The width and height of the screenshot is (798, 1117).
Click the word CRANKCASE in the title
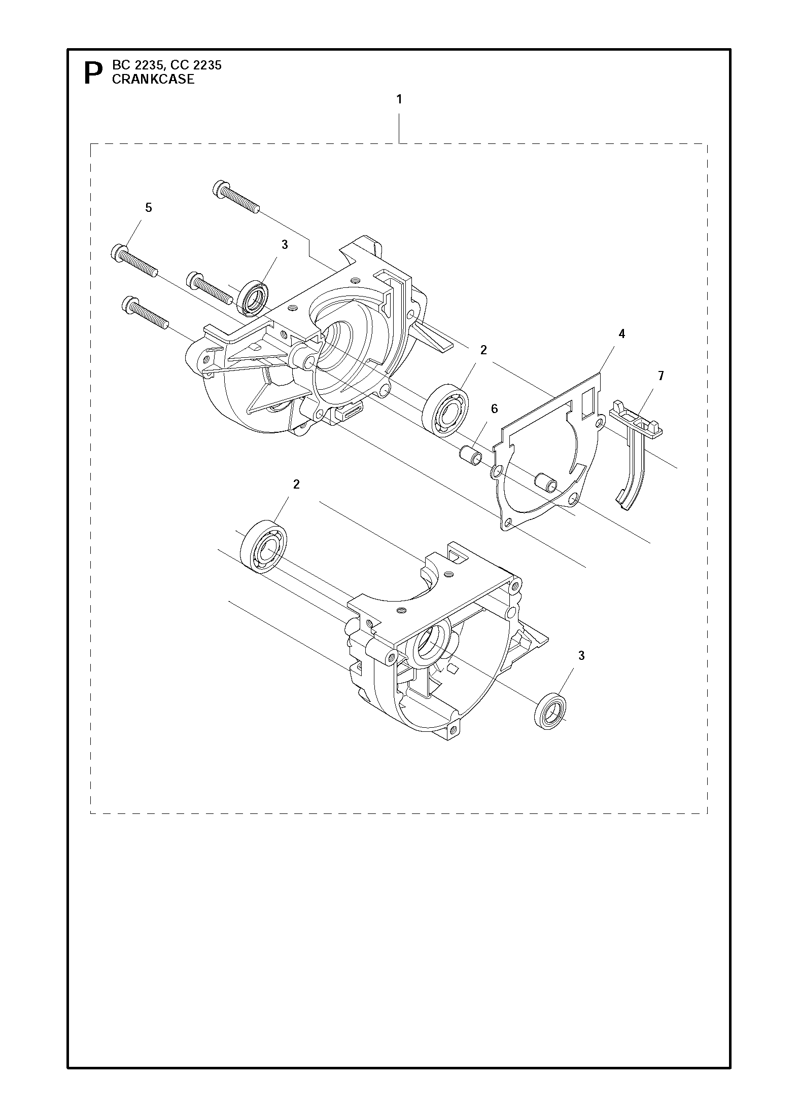point(153,80)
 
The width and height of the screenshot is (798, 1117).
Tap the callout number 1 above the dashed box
point(399,99)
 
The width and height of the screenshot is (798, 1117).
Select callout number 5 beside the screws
point(149,208)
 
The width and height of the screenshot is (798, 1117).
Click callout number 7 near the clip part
point(661,376)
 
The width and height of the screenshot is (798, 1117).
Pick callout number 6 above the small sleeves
point(495,408)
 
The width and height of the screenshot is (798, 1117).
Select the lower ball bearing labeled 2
point(263,545)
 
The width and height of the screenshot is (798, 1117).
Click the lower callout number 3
point(581,655)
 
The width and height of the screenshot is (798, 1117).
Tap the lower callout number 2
point(296,484)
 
